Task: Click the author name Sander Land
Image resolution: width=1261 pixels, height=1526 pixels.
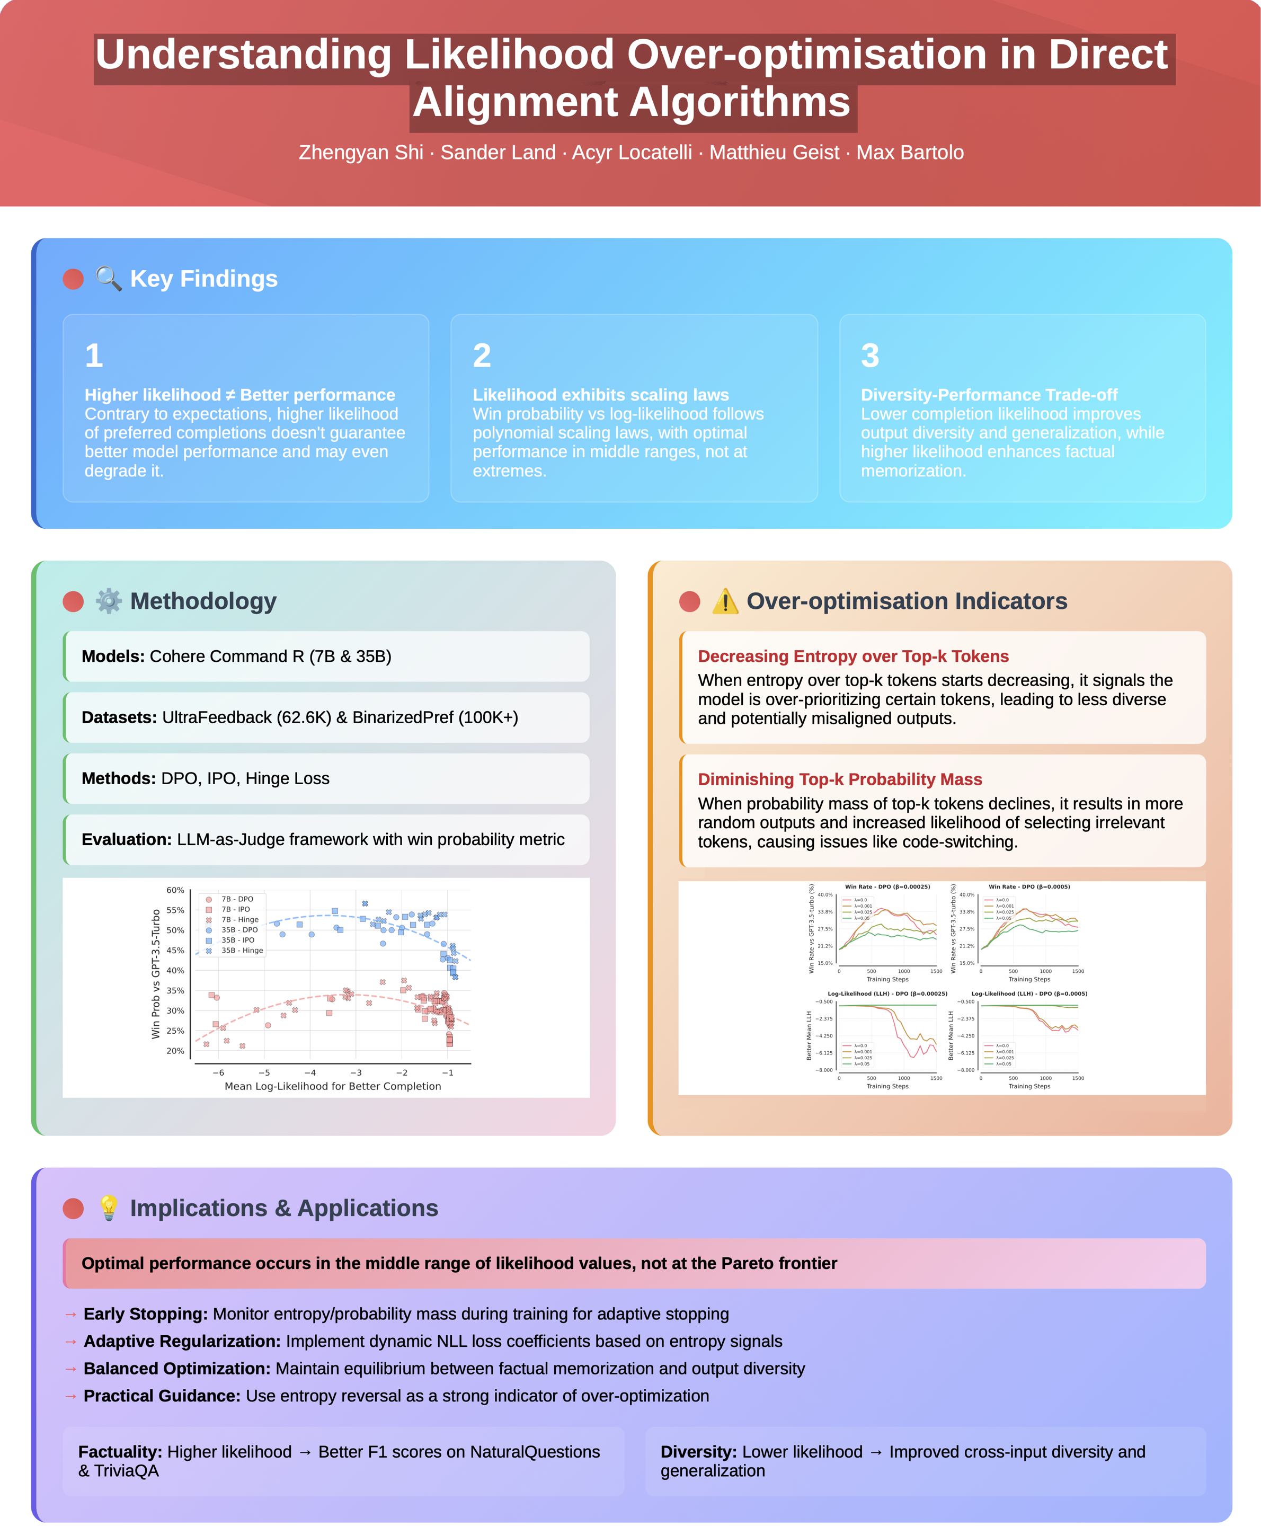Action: [498, 153]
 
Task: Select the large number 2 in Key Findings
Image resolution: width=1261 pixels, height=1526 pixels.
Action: [482, 355]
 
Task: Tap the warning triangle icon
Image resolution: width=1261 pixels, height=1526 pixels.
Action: [725, 601]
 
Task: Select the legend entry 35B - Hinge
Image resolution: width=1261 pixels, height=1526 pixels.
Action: [242, 950]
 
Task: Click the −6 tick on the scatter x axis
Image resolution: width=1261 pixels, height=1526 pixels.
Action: [218, 1072]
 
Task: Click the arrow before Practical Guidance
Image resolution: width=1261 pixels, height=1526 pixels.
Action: [70, 1396]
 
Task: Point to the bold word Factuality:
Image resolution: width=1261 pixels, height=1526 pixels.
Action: [120, 1451]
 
